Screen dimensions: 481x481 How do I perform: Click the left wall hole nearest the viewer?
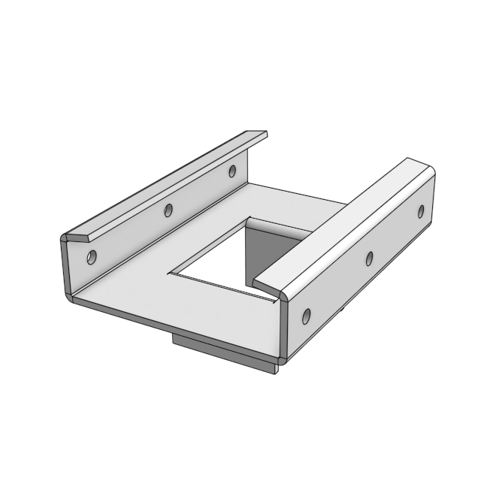[x=92, y=257]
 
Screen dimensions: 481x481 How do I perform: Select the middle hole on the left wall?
[x=168, y=210]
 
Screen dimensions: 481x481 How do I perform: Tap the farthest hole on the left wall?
[x=232, y=171]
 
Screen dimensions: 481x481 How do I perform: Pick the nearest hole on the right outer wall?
[x=306, y=316]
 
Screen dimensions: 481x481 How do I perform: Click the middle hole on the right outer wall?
[x=369, y=259]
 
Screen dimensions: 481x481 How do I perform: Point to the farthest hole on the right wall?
[x=421, y=211]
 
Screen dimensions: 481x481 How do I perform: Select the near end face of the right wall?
[x=284, y=331]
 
